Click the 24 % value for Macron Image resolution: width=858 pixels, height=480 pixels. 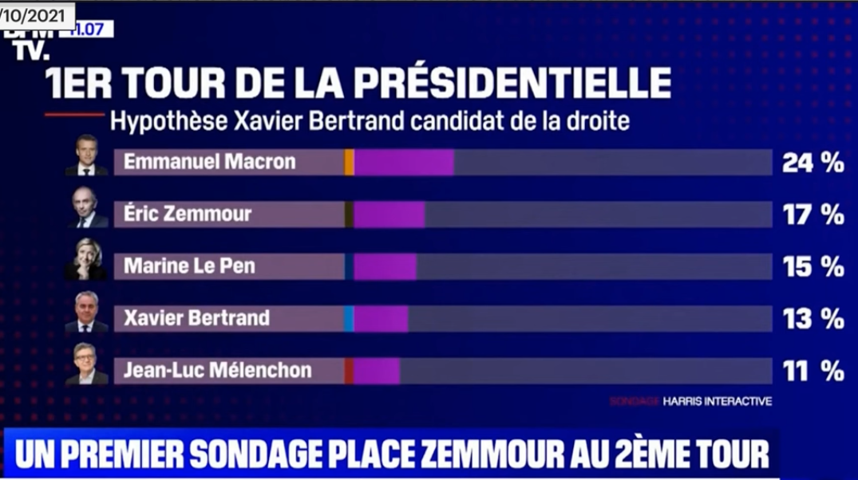(813, 163)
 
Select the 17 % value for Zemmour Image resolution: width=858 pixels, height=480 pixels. (813, 214)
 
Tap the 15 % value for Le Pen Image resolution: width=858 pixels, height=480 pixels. (813, 267)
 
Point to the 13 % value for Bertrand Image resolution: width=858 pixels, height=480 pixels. (813, 319)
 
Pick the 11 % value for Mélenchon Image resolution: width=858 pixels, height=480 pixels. (813, 371)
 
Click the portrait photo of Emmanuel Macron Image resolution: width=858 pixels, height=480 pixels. (86, 156)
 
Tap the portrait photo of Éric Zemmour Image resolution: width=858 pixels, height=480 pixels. (85, 208)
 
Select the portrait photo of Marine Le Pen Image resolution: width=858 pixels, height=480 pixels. (85, 260)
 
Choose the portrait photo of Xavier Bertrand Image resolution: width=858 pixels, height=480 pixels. (85, 313)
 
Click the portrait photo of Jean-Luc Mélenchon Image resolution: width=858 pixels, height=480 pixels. (85, 364)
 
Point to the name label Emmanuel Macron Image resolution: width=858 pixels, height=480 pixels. (209, 162)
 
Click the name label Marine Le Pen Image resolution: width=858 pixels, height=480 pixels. (189, 266)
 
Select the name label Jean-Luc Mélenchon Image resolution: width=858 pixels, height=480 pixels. (217, 371)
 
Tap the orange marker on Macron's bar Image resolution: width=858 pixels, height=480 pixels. (349, 163)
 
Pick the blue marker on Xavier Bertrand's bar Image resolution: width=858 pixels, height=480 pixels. (349, 319)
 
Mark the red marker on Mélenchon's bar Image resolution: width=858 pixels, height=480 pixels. (349, 371)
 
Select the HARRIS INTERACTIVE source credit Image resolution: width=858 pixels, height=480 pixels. (717, 402)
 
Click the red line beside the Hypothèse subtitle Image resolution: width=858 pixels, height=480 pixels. (73, 115)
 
